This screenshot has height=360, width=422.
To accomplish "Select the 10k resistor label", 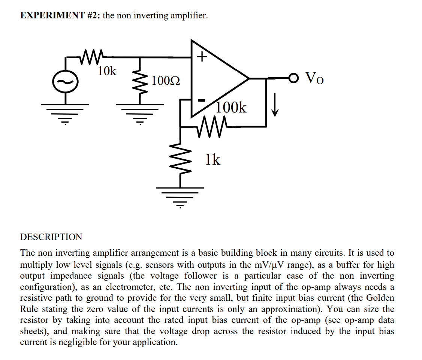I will coord(107,70).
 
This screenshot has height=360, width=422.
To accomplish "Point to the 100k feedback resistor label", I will coord(231,108).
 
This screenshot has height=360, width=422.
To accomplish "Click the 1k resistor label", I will coord(212,160).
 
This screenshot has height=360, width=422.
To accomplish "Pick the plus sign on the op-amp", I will coord(202,57).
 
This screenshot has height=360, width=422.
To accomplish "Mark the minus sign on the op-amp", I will coord(202,100).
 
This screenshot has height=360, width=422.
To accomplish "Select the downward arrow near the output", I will coord(275,106).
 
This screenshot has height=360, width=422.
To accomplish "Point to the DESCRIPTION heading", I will coord(51,237).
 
